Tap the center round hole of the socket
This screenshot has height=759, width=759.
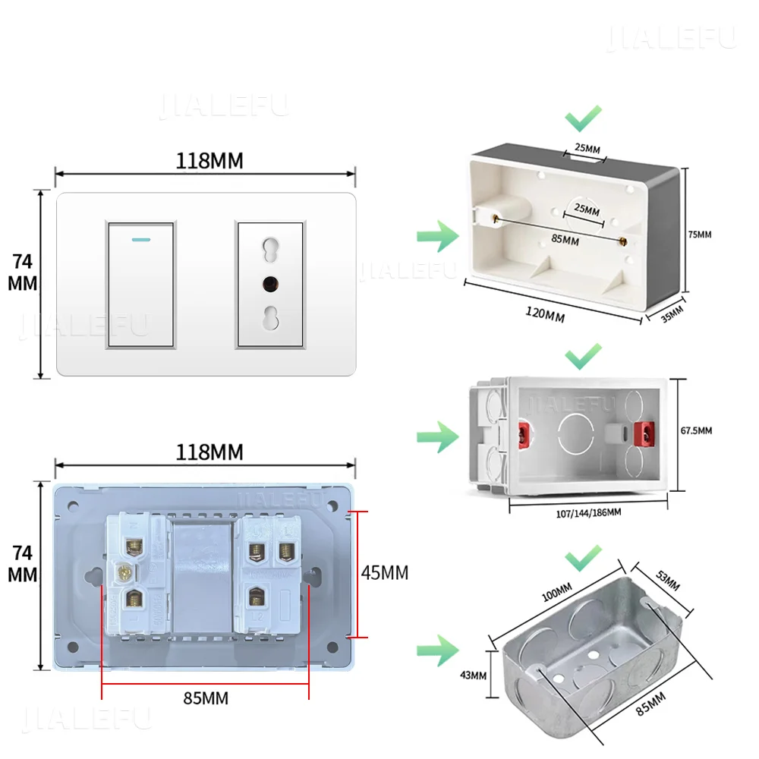click(x=269, y=285)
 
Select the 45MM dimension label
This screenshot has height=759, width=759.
click(x=385, y=573)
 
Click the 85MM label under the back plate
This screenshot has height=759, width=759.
click(x=205, y=698)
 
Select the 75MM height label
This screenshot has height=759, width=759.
click(x=700, y=235)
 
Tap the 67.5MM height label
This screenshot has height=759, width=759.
click(x=695, y=430)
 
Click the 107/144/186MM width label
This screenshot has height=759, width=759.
click(x=584, y=512)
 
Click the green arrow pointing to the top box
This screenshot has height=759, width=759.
click(x=437, y=236)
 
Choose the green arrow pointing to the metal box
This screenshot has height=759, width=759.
click(x=437, y=650)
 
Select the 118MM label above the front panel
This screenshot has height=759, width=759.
click(x=209, y=161)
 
